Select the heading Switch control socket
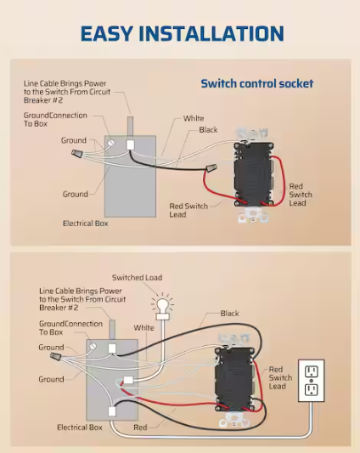click(256, 83)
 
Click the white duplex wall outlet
click(312, 380)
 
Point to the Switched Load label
click(137, 278)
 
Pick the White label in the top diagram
click(194, 118)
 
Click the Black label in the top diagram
click(208, 130)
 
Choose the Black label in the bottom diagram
click(229, 314)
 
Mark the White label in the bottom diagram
click(143, 327)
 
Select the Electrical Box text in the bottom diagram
click(80, 428)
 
